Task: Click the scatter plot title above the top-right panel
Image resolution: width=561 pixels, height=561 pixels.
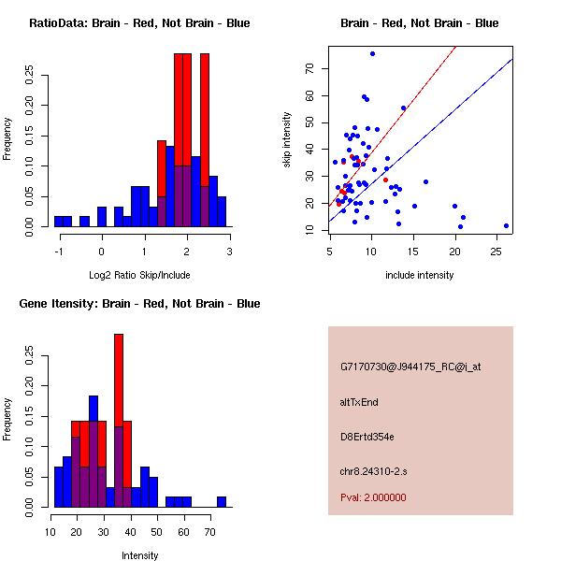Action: (x=419, y=23)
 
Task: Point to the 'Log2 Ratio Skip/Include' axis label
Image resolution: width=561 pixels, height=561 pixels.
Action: (x=139, y=275)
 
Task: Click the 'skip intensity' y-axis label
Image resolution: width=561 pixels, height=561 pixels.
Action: (x=287, y=140)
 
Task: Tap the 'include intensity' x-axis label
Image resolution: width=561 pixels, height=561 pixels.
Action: (x=419, y=275)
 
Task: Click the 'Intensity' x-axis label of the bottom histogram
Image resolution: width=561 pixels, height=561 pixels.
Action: (x=140, y=555)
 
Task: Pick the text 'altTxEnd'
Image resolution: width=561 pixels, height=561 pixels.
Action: (x=359, y=402)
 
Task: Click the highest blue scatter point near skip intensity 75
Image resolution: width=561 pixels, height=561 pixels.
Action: (x=372, y=54)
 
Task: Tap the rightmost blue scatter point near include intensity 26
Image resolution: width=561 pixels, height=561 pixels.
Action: (x=506, y=225)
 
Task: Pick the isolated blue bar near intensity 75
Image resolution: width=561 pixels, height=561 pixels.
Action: (x=222, y=502)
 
